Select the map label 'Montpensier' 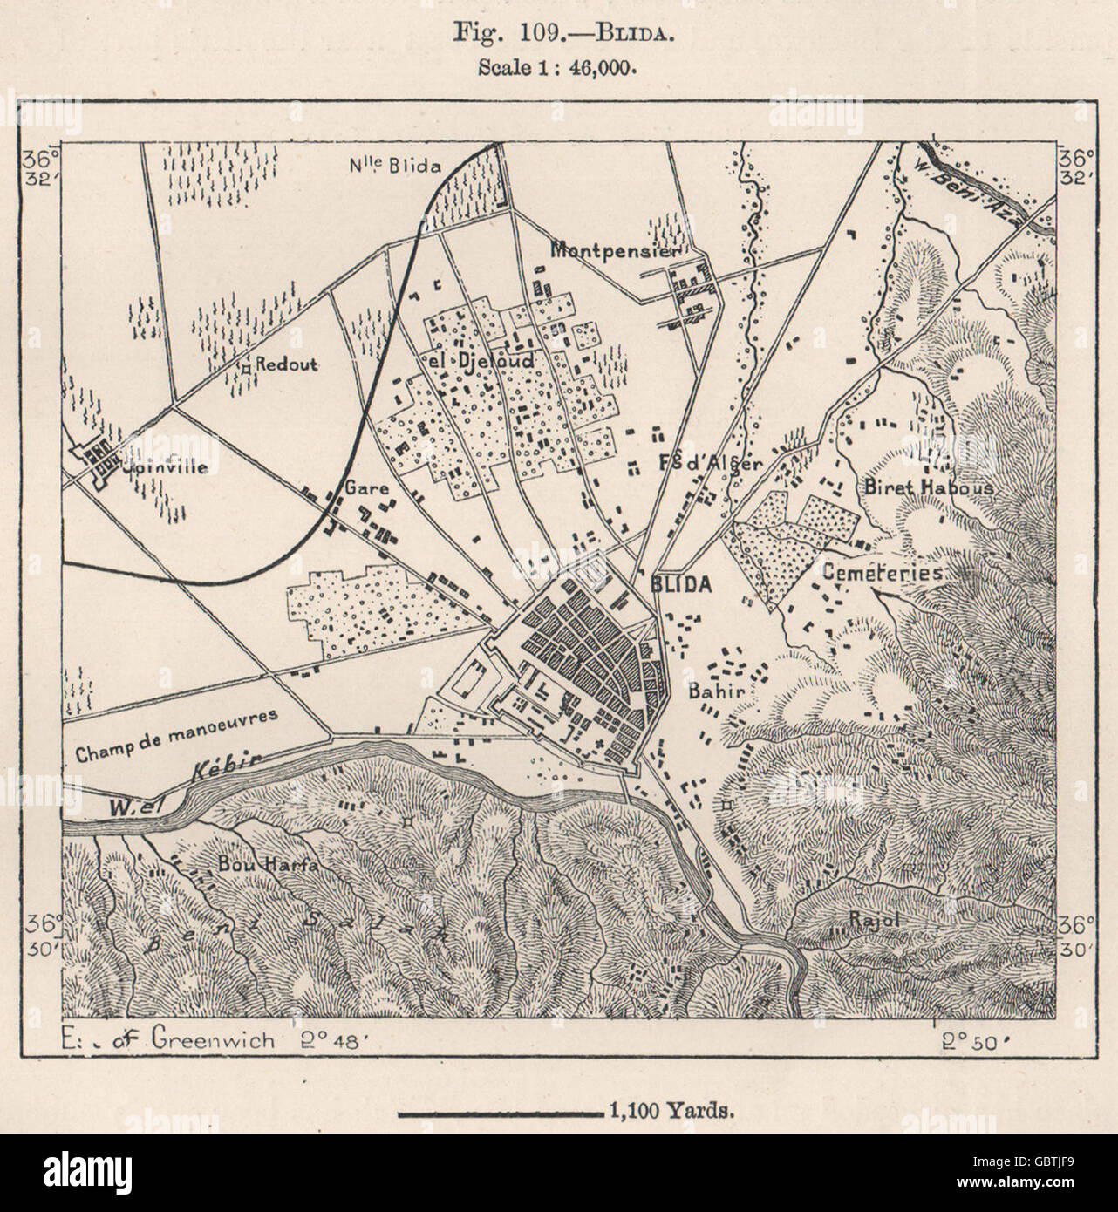coord(616,249)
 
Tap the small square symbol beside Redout coord(247,368)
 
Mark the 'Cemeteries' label coord(883,573)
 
